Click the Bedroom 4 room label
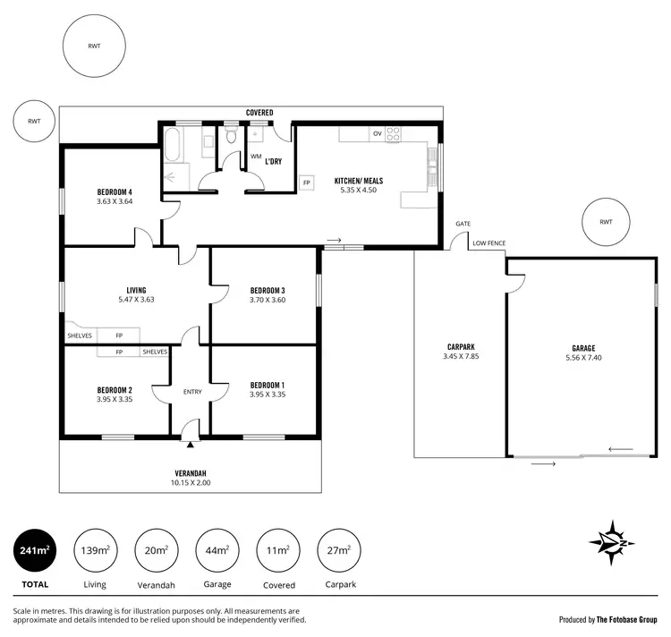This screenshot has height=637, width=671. click(x=115, y=191)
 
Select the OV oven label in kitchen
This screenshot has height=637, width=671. click(x=378, y=133)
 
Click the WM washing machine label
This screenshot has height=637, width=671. click(x=256, y=156)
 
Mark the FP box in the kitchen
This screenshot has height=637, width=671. click(x=306, y=183)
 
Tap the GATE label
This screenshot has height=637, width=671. click(x=463, y=224)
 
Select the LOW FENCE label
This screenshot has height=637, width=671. click(x=490, y=242)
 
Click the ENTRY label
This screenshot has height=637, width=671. click(x=191, y=391)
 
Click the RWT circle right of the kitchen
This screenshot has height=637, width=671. click(x=606, y=222)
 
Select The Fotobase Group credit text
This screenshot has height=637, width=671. click(x=608, y=619)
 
